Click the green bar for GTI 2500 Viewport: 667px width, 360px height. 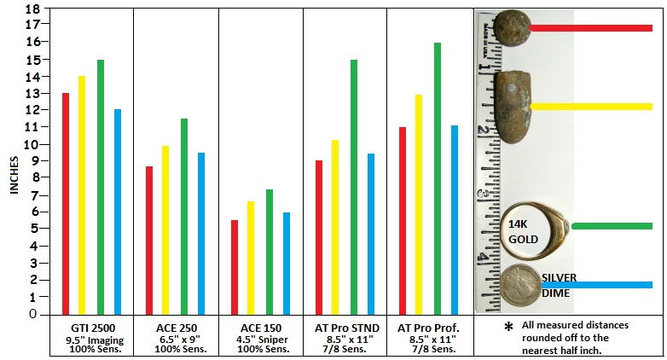(100, 187)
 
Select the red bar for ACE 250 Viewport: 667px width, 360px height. (149, 240)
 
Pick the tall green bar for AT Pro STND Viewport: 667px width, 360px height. (353, 187)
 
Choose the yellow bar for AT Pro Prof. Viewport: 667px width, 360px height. (418, 204)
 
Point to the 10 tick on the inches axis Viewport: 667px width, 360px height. (33, 144)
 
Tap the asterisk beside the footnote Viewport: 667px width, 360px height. (508, 328)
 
